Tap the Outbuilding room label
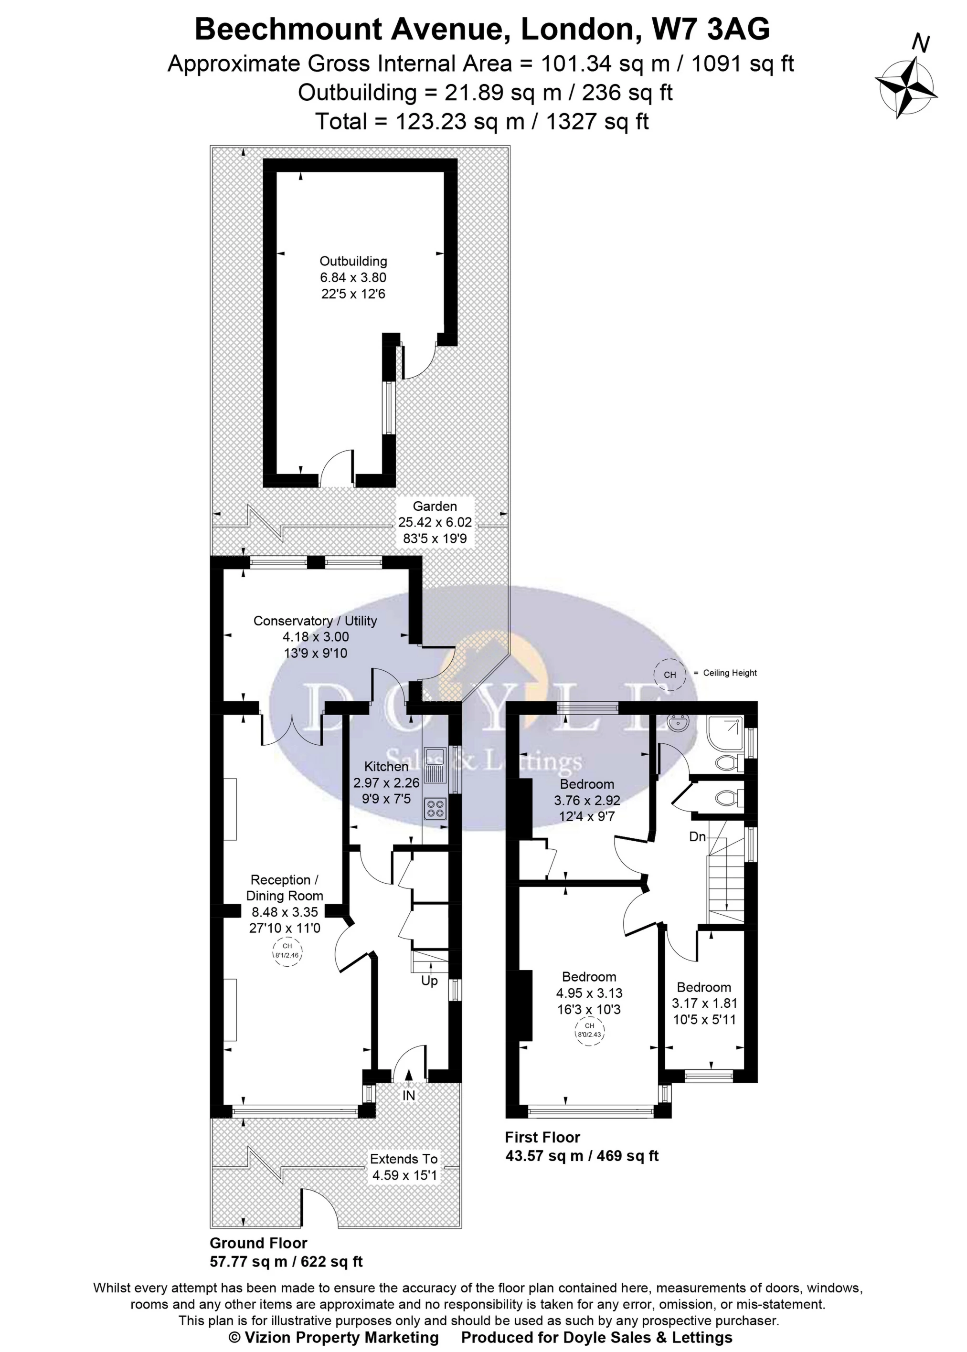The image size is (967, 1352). (x=353, y=261)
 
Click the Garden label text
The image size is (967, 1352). (x=435, y=506)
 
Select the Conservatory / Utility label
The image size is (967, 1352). (x=315, y=621)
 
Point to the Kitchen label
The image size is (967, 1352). (x=386, y=766)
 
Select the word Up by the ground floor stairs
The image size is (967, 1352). (x=429, y=981)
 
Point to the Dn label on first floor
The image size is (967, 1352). (x=697, y=836)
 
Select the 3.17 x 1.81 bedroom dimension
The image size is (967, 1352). (x=704, y=1003)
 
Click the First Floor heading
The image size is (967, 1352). (x=542, y=1138)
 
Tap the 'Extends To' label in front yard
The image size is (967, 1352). (x=404, y=1159)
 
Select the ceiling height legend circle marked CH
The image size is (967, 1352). (x=670, y=675)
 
